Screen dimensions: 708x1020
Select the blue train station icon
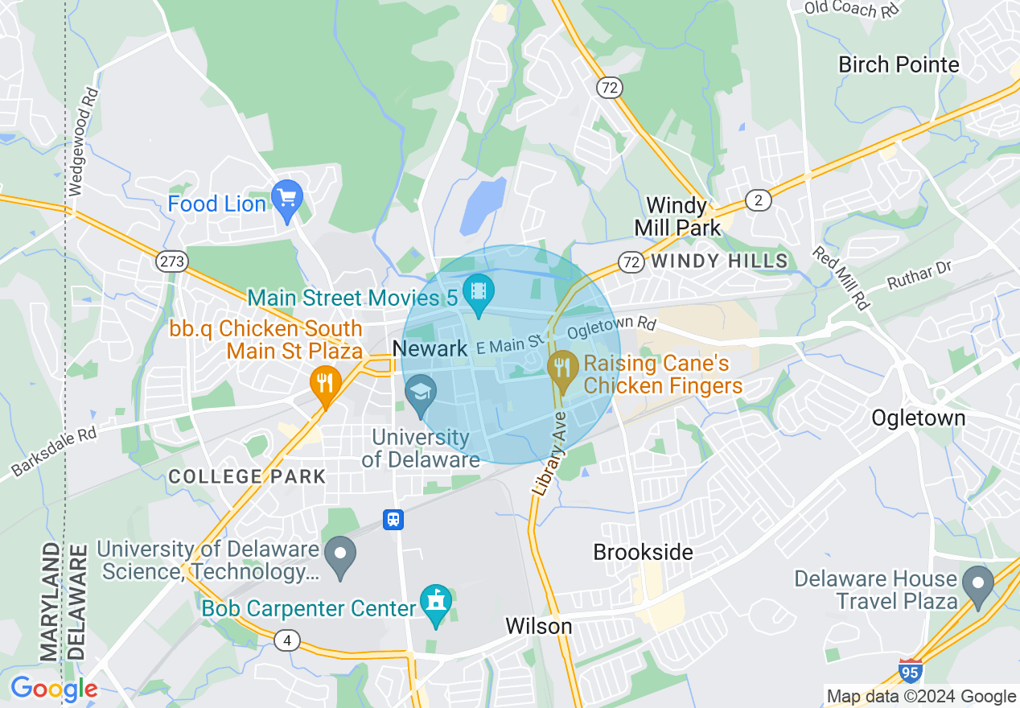[x=393, y=519]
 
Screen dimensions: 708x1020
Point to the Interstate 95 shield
[x=910, y=670]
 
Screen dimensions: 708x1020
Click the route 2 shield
[x=758, y=200]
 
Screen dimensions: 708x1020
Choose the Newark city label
[x=430, y=348]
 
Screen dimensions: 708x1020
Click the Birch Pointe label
[x=899, y=64]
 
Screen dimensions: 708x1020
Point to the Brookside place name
[x=643, y=552]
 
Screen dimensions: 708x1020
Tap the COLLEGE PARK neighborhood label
[x=247, y=476]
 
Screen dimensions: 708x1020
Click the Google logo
[x=53, y=689]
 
